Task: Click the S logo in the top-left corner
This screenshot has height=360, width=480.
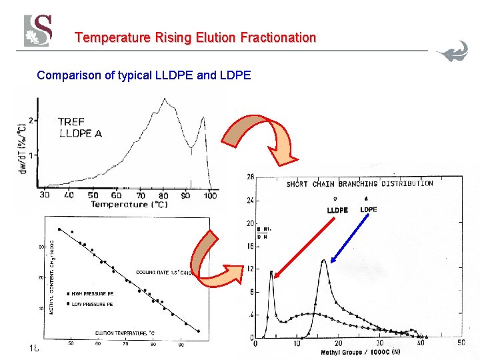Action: tap(38, 31)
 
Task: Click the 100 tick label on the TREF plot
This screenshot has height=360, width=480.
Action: tap(210, 195)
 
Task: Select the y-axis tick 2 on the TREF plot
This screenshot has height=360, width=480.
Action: tap(31, 122)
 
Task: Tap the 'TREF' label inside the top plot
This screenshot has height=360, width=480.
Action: tap(71, 121)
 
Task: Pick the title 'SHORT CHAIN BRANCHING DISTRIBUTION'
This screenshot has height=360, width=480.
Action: tap(359, 183)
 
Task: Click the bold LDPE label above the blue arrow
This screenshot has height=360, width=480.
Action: tap(368, 209)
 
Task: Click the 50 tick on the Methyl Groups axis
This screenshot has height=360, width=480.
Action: tap(461, 343)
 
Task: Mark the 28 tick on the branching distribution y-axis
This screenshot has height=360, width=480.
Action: tap(249, 177)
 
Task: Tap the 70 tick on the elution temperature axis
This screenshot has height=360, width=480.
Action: tap(125, 344)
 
